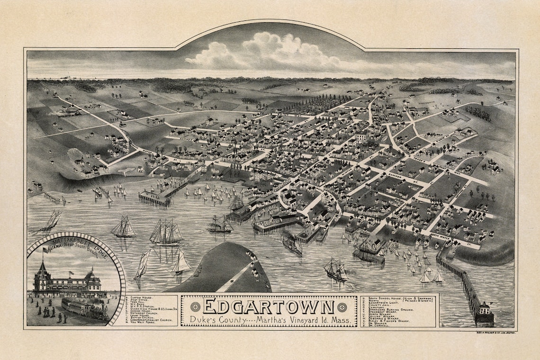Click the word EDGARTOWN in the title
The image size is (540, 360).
269,306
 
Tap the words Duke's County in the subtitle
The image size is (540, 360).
213,320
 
